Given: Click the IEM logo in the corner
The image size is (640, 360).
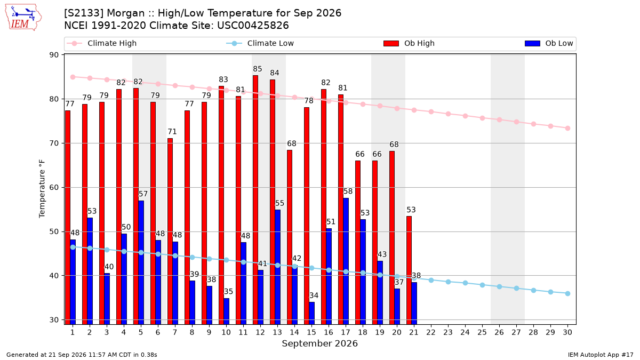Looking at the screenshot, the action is click(23, 18).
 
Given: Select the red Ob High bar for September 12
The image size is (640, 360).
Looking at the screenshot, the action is click(255, 199).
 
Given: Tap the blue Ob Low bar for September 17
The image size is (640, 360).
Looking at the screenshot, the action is click(346, 261).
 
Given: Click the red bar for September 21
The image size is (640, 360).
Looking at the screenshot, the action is click(409, 270).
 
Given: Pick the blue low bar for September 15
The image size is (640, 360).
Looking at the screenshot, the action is click(311, 313).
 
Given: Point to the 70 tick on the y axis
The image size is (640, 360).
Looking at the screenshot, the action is click(54, 143).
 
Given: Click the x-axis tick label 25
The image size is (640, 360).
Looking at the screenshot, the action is click(482, 332).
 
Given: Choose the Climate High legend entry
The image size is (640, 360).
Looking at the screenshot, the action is click(101, 43).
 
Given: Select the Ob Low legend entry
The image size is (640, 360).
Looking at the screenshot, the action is click(549, 43).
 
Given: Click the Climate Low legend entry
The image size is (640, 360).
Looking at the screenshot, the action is click(260, 43).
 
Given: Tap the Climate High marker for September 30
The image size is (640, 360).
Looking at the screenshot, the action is click(567, 129).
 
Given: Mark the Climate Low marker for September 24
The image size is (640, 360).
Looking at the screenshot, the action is click(465, 283).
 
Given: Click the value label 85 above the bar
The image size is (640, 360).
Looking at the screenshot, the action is click(258, 69).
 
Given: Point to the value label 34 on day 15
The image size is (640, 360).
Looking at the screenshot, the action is click(314, 295).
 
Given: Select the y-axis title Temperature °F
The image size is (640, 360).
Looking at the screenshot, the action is click(42, 189).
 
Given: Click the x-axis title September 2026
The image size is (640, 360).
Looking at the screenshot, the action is click(319, 343).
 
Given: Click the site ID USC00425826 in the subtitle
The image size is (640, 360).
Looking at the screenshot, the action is click(253, 26).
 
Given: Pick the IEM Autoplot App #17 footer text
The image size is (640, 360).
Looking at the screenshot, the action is click(601, 355).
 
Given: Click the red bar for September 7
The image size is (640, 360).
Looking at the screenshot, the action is click(170, 231).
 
